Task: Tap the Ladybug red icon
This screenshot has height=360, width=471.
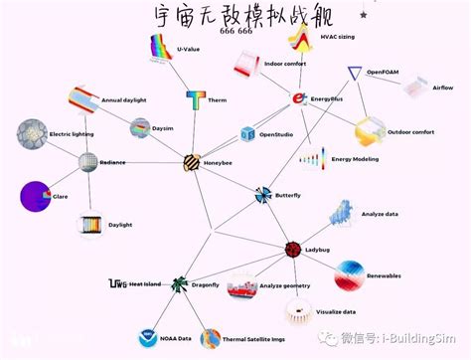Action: point(293,250)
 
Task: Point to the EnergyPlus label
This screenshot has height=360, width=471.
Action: point(327,99)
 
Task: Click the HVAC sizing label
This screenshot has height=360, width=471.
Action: point(341,38)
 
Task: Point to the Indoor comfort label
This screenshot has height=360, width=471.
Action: point(285,63)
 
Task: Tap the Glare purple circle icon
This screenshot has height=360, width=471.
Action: point(36,196)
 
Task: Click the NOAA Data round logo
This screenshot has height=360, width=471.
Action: point(148,338)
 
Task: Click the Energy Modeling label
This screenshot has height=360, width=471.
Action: point(355,159)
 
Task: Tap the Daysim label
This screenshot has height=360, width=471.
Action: point(163,128)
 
